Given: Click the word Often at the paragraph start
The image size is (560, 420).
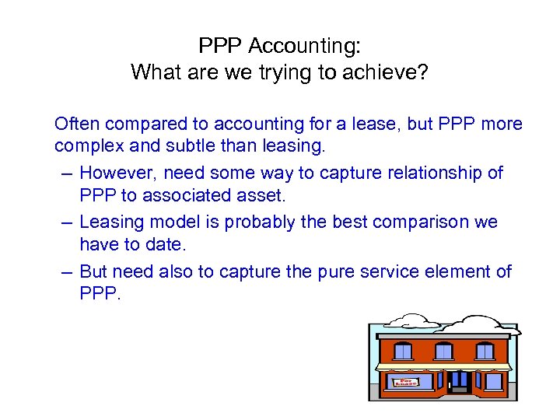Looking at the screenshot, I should click(x=77, y=124).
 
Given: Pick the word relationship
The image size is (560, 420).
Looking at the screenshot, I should click(x=439, y=173).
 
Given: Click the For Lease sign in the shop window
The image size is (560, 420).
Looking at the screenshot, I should click(x=406, y=381).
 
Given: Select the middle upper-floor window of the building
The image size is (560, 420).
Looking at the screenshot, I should click(x=443, y=351).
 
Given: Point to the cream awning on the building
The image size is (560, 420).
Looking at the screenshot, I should click(x=444, y=366).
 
